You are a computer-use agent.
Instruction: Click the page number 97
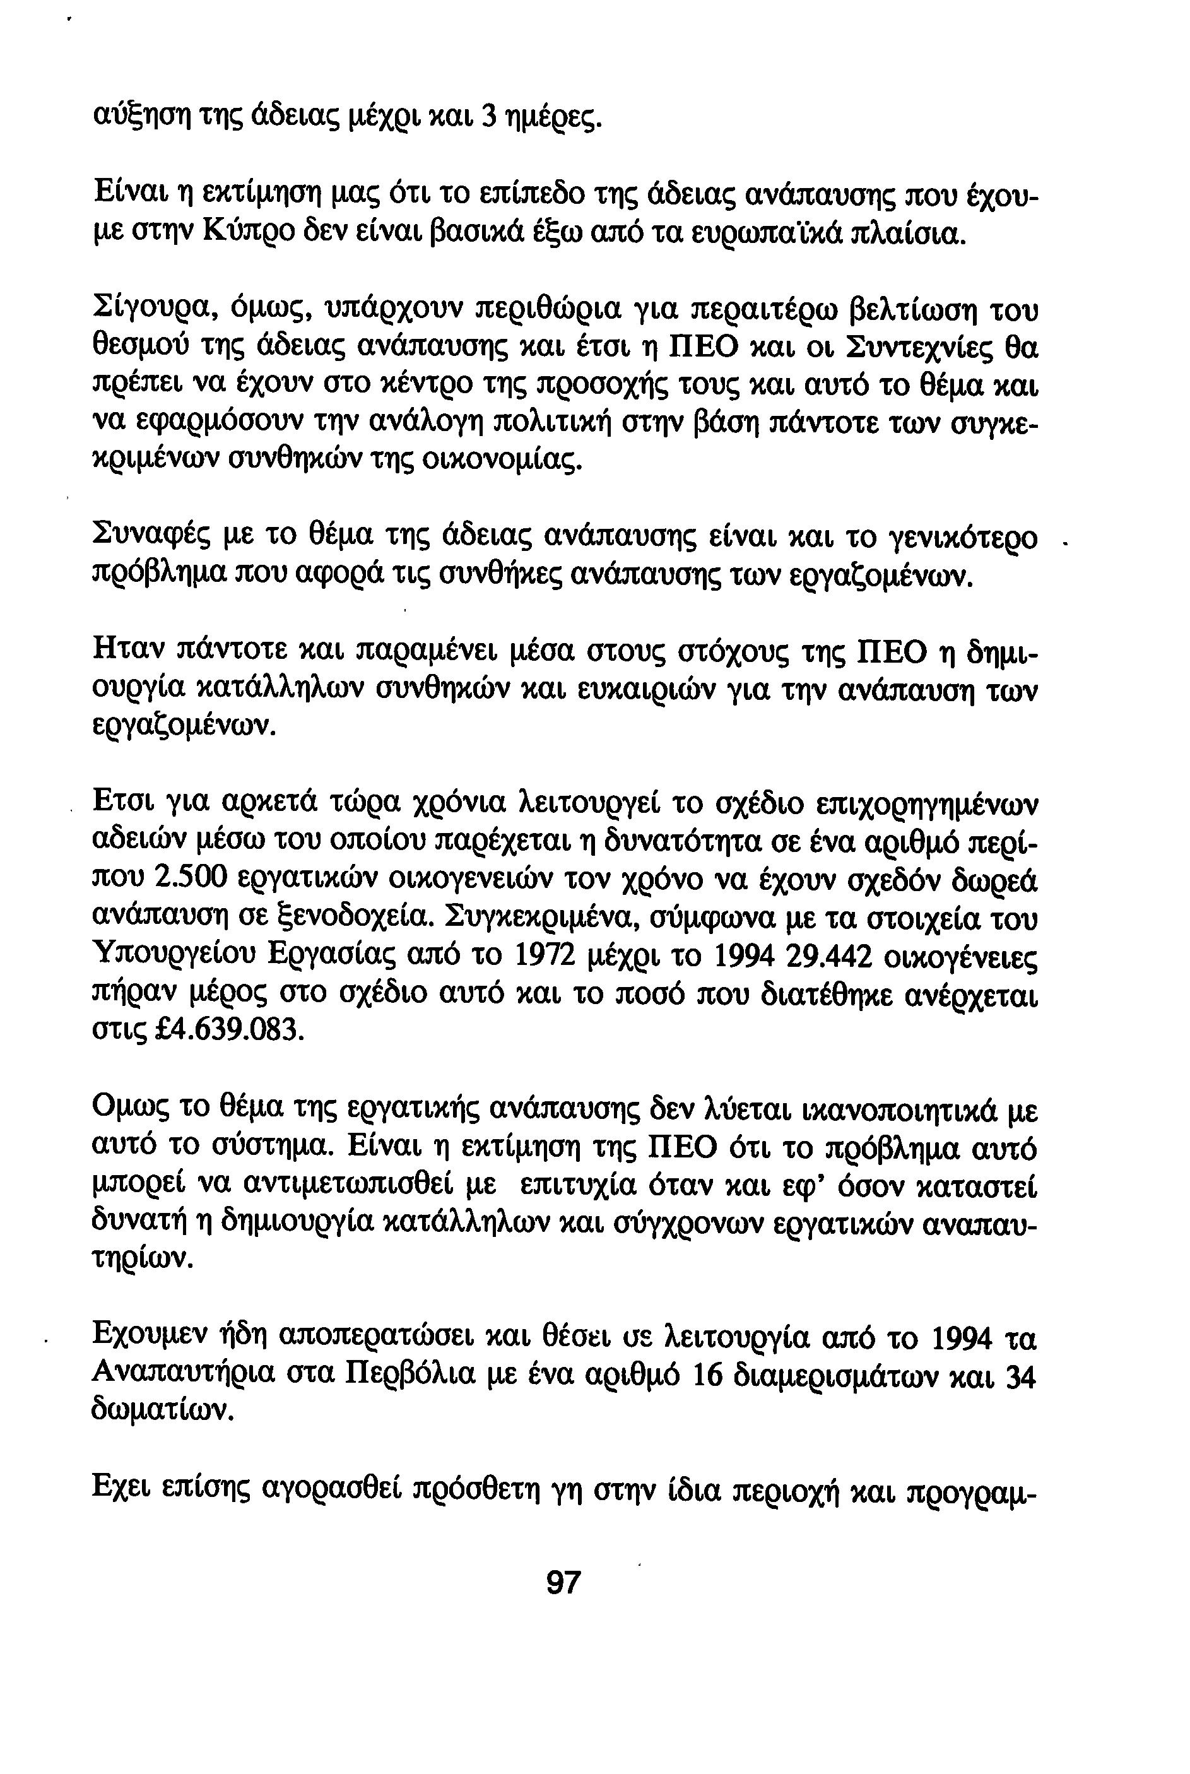pos(563,1583)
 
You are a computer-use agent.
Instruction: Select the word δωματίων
pos(162,1411)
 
